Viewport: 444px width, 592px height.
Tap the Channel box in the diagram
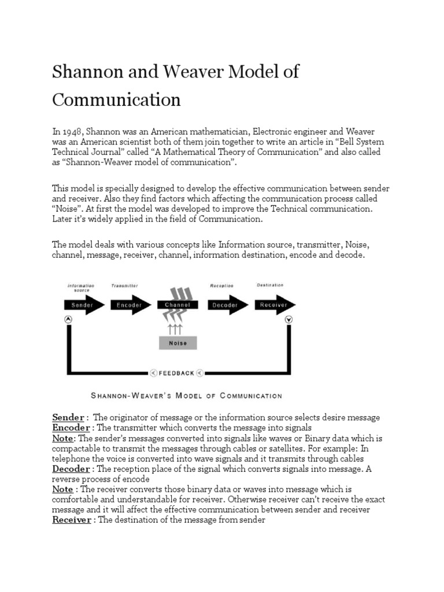click(x=177, y=305)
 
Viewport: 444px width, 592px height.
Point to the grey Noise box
click(x=177, y=343)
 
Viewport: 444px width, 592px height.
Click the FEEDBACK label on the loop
click(x=177, y=373)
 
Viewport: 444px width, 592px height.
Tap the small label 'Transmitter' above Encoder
click(x=124, y=286)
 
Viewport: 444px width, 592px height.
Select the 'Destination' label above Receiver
click(x=270, y=285)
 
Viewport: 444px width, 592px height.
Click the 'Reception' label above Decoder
click(x=222, y=286)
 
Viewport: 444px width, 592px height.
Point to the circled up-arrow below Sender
click(x=68, y=319)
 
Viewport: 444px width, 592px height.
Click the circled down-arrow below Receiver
click(x=288, y=319)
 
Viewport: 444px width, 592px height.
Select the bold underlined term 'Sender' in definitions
click(x=68, y=417)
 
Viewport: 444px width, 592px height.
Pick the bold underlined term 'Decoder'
click(x=71, y=468)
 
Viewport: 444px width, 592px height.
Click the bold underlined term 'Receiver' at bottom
click(x=72, y=520)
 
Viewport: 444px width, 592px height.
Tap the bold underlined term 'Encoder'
click(x=71, y=428)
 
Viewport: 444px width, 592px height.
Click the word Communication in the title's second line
click(x=116, y=99)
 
